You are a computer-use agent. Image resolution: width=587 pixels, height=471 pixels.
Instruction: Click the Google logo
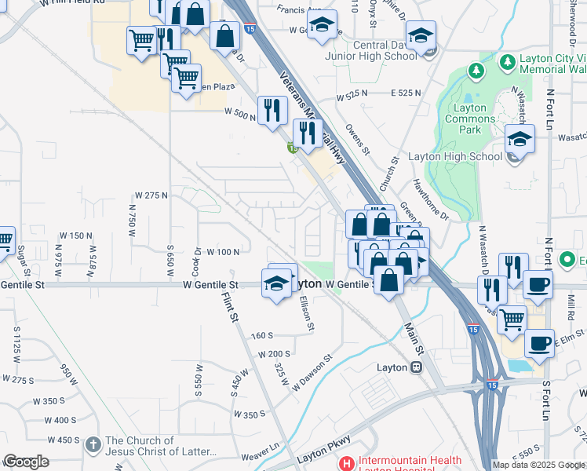[x=27, y=462]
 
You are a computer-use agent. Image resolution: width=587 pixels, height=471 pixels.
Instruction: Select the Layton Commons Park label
[x=470, y=113]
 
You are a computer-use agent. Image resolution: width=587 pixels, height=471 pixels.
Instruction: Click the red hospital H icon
[x=346, y=462]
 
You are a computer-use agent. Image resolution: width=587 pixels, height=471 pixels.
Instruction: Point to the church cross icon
[x=93, y=444]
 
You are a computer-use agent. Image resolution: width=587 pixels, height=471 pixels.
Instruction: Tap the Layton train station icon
[x=417, y=367]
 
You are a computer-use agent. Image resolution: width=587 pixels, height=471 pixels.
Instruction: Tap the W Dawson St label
[x=312, y=372]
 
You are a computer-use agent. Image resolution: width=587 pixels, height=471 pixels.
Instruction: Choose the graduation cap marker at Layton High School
[x=520, y=138]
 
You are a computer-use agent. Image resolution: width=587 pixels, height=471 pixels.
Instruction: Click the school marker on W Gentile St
[x=276, y=284]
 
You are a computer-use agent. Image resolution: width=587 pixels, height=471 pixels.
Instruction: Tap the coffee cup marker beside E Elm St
[x=540, y=344]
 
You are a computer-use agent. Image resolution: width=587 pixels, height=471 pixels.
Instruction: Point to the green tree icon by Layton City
[x=476, y=71]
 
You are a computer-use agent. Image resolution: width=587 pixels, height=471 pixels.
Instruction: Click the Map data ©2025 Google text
[x=539, y=464]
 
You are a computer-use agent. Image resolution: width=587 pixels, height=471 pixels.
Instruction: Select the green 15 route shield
[x=291, y=147]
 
